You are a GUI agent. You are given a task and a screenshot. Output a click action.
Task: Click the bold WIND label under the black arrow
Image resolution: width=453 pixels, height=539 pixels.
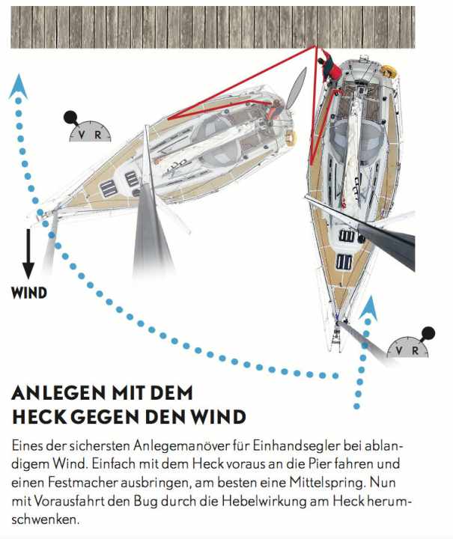29,292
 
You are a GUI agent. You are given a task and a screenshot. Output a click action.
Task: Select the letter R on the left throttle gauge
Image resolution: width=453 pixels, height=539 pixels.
97,135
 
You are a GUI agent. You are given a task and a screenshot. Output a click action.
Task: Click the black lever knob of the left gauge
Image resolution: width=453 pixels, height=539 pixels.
70,117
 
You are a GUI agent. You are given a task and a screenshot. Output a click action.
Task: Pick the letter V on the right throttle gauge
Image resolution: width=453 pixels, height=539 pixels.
400,350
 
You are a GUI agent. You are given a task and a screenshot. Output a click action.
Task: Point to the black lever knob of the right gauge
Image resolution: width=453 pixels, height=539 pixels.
428,333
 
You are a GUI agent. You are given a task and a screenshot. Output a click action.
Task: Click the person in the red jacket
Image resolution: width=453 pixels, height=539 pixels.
331,70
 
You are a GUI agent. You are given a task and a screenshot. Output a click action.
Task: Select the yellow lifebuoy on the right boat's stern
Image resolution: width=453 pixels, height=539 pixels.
388,72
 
